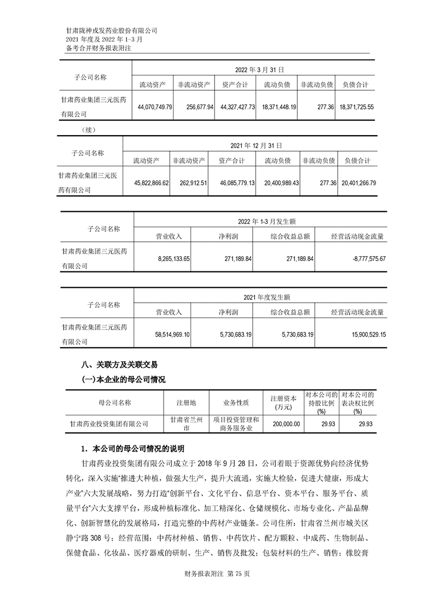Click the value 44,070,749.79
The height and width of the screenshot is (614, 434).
pyautogui.click(x=153, y=107)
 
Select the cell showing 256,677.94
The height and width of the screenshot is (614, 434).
pyautogui.click(x=196, y=107)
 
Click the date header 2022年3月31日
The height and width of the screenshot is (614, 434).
pyautogui.click(x=259, y=70)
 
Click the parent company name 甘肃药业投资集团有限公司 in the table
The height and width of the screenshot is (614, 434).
pyautogui.click(x=109, y=424)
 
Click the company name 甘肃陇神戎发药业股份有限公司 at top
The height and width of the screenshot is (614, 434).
pyautogui.click(x=111, y=31)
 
